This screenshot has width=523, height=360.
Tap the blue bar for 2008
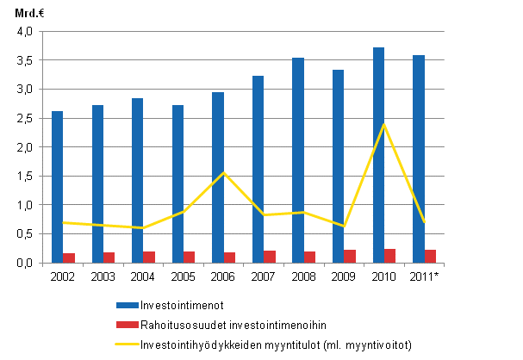298,160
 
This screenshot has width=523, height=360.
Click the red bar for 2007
269,257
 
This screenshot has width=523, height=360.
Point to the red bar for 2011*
430,256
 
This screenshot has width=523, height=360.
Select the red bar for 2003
108,258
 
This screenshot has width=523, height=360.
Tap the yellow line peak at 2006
223,172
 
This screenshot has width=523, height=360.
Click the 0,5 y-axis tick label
23,234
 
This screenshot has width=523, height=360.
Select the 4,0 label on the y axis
23,32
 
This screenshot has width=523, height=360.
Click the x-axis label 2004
143,276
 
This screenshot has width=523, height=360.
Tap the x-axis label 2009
344,276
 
